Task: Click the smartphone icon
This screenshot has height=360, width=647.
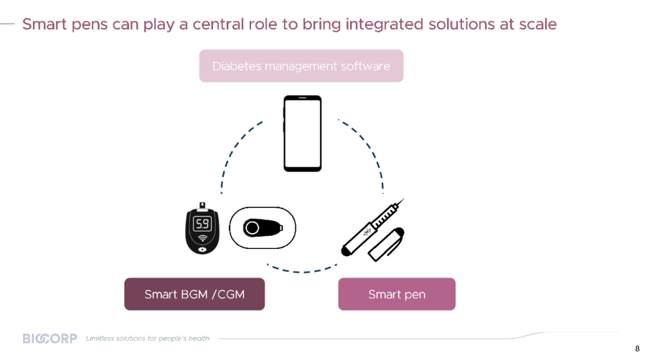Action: pyautogui.click(x=303, y=133)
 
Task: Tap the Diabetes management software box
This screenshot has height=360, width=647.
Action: pyautogui.click(x=301, y=66)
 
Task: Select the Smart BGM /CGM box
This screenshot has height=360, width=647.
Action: pyautogui.click(x=194, y=294)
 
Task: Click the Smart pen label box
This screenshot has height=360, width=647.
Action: pyautogui.click(x=397, y=294)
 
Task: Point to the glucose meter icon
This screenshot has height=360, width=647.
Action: pyautogui.click(x=202, y=228)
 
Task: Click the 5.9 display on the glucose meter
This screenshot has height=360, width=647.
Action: pyautogui.click(x=202, y=224)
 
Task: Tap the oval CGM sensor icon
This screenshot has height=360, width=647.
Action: pyautogui.click(x=263, y=227)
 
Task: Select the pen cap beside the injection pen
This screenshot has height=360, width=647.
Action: pyautogui.click(x=386, y=244)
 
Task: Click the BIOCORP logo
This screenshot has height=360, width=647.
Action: pyautogui.click(x=50, y=338)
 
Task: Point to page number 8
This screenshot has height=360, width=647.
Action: pyautogui.click(x=637, y=349)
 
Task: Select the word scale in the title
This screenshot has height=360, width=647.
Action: pyautogui.click(x=538, y=24)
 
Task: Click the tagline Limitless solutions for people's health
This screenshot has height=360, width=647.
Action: pyautogui.click(x=147, y=338)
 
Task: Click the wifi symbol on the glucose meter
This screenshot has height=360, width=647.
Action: pyautogui.click(x=202, y=238)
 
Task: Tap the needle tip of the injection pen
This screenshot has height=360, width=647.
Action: pyautogui.click(x=405, y=199)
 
